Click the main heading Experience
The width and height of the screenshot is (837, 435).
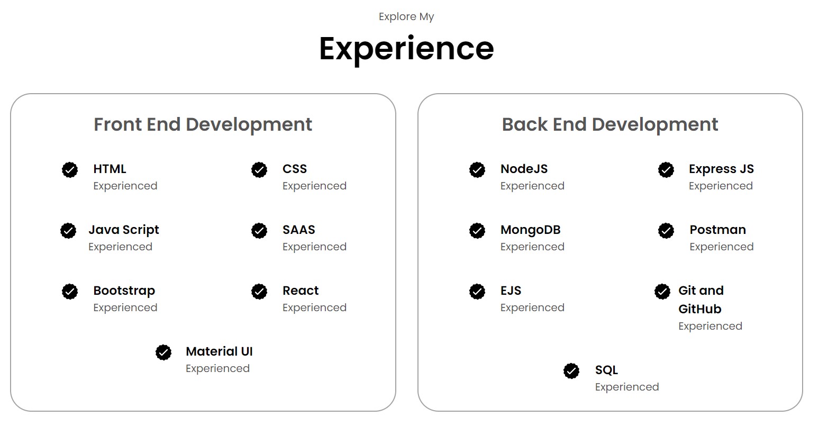[x=406, y=49]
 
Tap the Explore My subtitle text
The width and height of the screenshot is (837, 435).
[x=406, y=16]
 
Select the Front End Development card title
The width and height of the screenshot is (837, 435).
[x=203, y=124]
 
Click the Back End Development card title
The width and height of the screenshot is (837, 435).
[x=609, y=124]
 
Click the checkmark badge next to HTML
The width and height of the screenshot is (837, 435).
[x=70, y=170]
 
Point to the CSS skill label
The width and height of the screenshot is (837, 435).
[x=295, y=169]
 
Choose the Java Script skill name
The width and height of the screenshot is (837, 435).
[x=124, y=230]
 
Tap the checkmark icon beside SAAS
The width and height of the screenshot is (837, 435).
[x=259, y=231]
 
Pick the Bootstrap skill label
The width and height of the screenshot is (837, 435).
[x=124, y=291]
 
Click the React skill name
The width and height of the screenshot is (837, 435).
[x=301, y=291]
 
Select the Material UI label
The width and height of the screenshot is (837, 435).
[x=219, y=351]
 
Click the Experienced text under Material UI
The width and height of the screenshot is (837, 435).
[x=217, y=368]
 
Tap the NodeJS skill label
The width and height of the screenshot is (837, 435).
[x=524, y=169]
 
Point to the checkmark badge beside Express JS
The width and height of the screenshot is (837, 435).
[x=666, y=170]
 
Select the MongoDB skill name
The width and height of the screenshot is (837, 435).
[x=530, y=230]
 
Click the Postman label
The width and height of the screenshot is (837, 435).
[x=717, y=230]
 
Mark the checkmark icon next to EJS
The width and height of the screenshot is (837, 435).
[x=477, y=292]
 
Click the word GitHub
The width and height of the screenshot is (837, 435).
[x=699, y=309]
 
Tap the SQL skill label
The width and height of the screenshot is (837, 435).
[x=606, y=370]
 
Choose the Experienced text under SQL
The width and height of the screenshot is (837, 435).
[x=627, y=387]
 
